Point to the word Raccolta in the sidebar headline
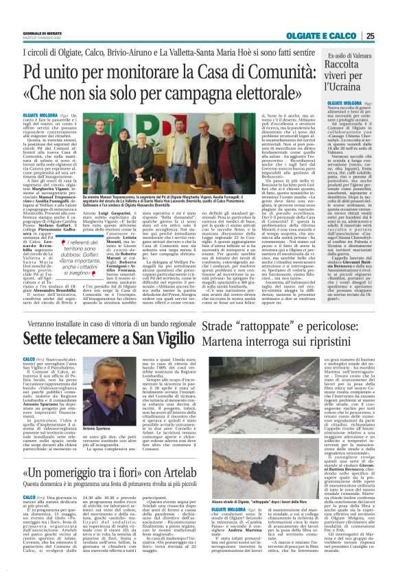(x=346, y=67)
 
